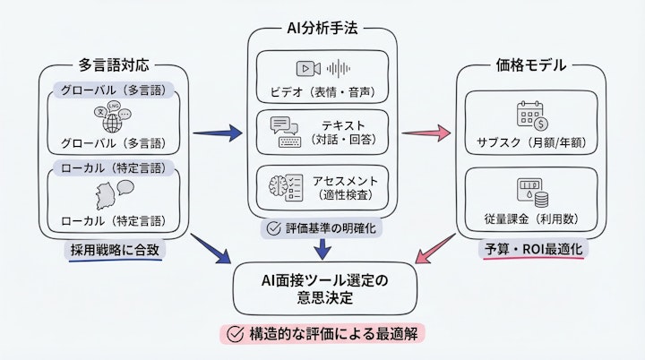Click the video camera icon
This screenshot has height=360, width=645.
pos(307,68)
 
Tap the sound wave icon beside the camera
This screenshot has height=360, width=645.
pos(339,68)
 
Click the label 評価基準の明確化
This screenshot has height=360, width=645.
pos(322,228)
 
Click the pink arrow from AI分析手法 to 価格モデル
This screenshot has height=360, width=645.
pos(426,133)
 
